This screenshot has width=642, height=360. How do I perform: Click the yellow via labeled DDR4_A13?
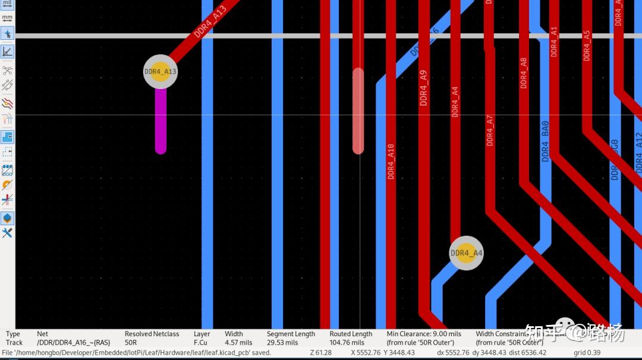(x=160, y=72)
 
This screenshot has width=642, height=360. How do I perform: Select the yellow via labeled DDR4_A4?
(x=466, y=253)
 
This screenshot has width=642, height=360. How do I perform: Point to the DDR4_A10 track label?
(x=391, y=161)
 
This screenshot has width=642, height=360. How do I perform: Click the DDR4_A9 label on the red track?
(x=423, y=88)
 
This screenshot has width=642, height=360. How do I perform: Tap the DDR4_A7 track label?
(x=490, y=130)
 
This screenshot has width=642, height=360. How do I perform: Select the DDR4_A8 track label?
(x=523, y=73)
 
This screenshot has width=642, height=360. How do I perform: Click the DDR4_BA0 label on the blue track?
(x=545, y=141)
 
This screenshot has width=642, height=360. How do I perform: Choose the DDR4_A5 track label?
(x=587, y=45)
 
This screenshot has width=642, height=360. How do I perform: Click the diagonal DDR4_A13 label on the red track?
(x=210, y=22)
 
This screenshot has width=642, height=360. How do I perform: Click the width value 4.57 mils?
(x=238, y=343)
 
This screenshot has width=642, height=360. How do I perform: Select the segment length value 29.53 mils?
(x=282, y=343)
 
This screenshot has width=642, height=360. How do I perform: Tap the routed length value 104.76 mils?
(x=347, y=343)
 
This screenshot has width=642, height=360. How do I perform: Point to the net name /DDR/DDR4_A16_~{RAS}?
(x=73, y=343)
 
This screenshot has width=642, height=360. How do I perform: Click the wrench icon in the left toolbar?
(x=7, y=233)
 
